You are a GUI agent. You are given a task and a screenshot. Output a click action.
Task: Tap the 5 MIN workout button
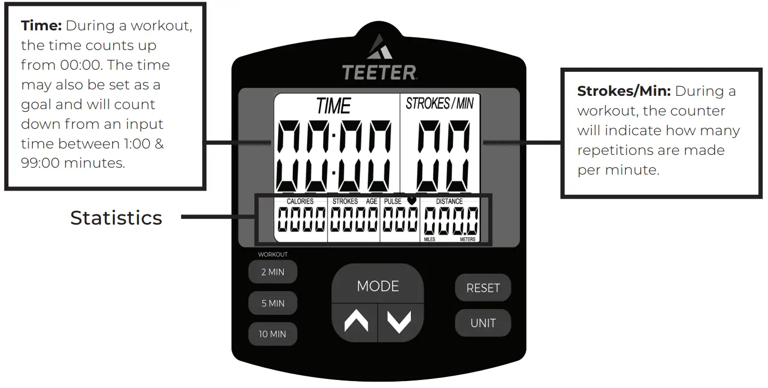[272, 303]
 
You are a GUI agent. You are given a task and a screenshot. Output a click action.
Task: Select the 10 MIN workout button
[272, 334]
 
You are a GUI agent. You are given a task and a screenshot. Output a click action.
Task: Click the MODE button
[378, 286]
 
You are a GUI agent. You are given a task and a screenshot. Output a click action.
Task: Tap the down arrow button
[400, 321]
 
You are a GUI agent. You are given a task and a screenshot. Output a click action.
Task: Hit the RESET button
[483, 288]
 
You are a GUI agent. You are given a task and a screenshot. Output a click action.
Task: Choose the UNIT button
[483, 323]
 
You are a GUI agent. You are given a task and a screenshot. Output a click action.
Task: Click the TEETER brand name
[379, 72]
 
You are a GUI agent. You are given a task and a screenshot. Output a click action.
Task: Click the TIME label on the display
[334, 106]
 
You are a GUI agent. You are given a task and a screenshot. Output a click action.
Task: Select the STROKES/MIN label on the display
[439, 103]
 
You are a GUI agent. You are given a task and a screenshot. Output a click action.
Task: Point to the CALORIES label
[300, 202]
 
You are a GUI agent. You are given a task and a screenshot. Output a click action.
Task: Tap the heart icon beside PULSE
[411, 200]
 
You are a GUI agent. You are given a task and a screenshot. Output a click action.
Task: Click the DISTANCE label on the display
[450, 202]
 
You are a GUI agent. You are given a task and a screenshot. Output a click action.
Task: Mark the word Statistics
[116, 218]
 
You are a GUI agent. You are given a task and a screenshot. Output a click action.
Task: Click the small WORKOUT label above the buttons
[272, 254]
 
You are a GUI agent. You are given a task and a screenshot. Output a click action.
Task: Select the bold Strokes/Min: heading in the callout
[624, 91]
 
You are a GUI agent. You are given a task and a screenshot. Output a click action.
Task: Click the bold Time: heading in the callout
[42, 26]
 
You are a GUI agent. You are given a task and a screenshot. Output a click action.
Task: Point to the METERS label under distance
[468, 240]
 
